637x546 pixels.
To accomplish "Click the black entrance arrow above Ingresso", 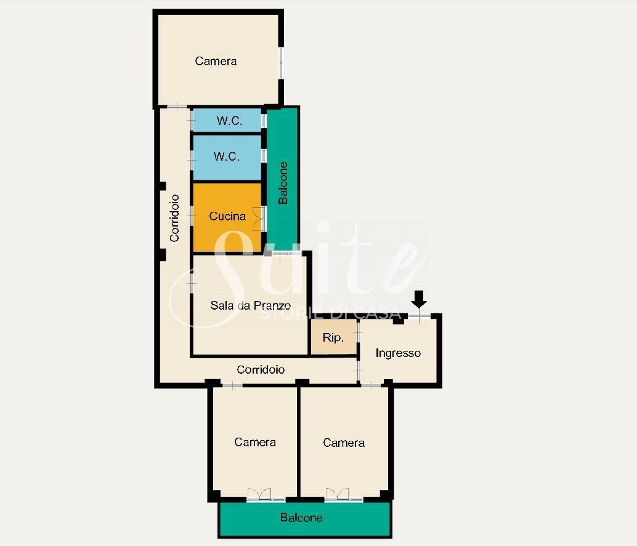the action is (x=419, y=299).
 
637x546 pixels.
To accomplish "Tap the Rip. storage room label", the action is (x=333, y=337).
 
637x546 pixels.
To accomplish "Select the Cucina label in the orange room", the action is (x=227, y=216).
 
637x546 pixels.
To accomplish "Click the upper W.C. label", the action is (x=229, y=121).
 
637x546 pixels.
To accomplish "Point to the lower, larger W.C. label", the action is (x=226, y=156).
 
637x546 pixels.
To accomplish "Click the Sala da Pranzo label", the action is (x=250, y=305).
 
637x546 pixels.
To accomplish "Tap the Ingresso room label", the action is (x=398, y=353).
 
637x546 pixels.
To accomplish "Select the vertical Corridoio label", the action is (x=174, y=218).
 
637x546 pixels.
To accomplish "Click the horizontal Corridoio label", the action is (x=261, y=369).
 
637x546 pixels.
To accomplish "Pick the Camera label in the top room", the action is (x=216, y=61).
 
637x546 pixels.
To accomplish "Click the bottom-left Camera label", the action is (x=255, y=442).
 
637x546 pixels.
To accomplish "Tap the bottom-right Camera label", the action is (x=344, y=443).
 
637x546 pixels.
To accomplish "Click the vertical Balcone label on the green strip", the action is (x=283, y=183).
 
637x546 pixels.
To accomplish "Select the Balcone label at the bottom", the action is (x=301, y=518).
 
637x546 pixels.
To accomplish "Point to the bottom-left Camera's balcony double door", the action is (x=259, y=494).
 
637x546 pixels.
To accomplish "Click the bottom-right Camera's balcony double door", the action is (x=337, y=494).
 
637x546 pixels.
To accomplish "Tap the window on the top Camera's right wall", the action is (x=281, y=63).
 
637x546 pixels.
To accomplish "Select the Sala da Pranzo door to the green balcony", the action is (x=286, y=254).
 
